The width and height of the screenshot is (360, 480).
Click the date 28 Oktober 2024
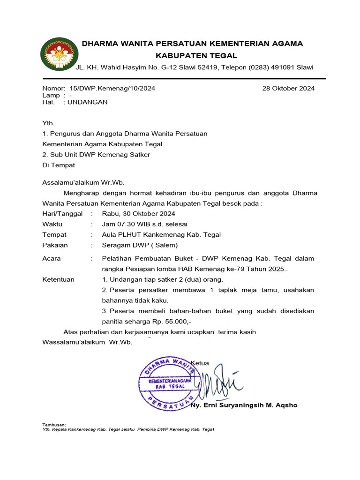(289, 88)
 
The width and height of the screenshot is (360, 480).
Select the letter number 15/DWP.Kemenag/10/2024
(112, 88)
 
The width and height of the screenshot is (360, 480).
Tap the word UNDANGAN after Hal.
(88, 102)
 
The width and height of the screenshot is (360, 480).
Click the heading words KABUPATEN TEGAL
(193, 55)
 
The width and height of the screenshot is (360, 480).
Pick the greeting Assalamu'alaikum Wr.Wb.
(84, 183)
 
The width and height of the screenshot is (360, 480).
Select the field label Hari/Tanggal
(62, 214)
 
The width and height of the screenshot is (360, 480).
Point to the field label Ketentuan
(59, 279)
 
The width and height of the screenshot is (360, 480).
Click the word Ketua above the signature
(200, 363)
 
